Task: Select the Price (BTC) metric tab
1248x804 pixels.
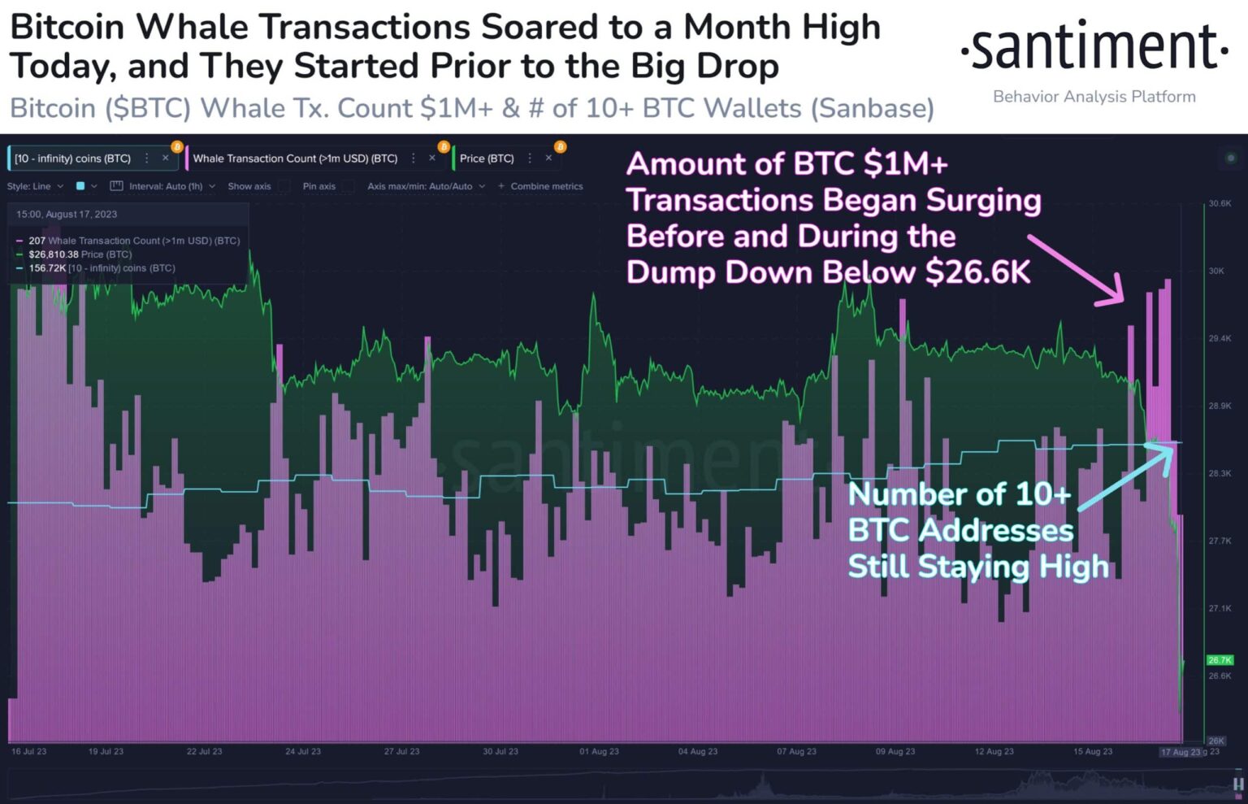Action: [x=487, y=159]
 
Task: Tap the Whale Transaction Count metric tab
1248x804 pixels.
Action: [x=295, y=159]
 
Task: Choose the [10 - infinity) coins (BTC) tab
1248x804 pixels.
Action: [x=72, y=159]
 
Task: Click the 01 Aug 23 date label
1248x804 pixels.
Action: [x=599, y=752]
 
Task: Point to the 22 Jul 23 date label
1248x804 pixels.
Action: [x=204, y=752]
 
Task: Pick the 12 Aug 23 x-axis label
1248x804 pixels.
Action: [x=994, y=752]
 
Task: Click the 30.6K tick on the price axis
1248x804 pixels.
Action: [x=1220, y=204]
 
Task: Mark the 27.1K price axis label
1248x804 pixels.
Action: [x=1220, y=608]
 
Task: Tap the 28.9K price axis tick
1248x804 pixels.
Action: [x=1220, y=406]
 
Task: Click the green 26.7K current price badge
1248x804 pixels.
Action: [x=1220, y=661]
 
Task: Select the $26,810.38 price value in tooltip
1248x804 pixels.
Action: [x=54, y=254]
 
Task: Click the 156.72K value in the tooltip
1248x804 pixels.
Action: [x=47, y=268]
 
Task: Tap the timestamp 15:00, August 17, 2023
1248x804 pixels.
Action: [x=67, y=215]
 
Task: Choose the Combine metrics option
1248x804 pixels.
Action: [x=546, y=186]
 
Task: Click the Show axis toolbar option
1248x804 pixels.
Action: [x=249, y=186]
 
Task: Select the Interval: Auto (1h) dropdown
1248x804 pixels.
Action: [x=166, y=186]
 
